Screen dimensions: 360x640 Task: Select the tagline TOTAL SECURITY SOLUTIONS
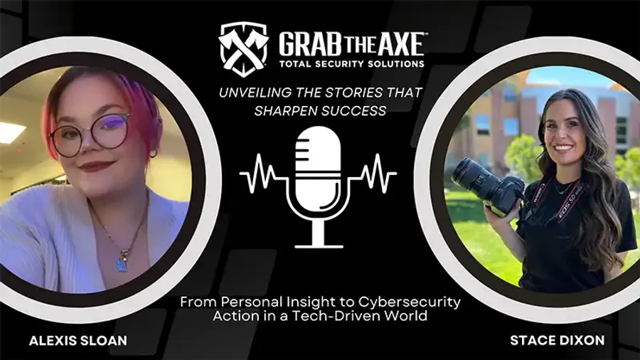[x=351, y=63]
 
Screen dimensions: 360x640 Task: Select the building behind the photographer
[x=498, y=114]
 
